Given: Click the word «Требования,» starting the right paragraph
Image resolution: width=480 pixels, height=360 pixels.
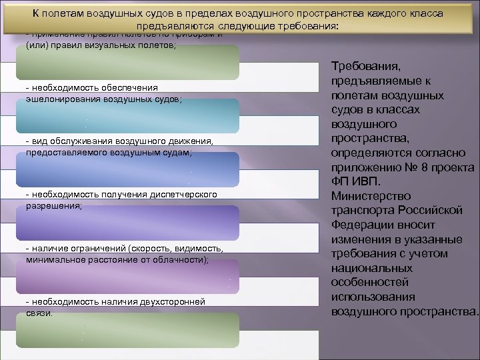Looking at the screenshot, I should [x=365, y=67].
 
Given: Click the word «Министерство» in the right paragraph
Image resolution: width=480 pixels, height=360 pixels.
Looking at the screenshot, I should [x=371, y=196].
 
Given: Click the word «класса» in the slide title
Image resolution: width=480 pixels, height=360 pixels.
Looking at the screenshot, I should [x=423, y=13].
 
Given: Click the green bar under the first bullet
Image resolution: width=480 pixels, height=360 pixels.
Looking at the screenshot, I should [x=127, y=63].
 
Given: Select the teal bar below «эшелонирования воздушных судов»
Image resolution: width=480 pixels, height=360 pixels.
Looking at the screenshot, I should [x=127, y=115].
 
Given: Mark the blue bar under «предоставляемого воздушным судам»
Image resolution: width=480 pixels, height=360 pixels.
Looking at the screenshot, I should [x=127, y=169].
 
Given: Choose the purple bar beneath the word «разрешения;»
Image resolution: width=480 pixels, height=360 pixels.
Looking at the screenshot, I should [x=127, y=223].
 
